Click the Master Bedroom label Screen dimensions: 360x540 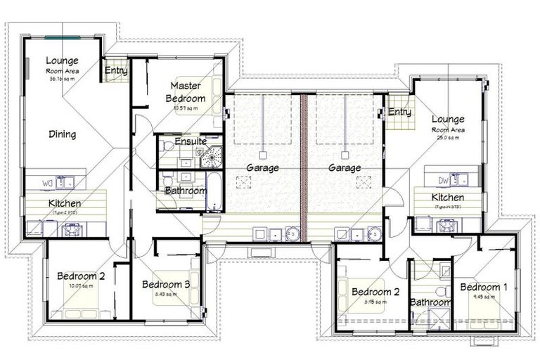tap(186, 92)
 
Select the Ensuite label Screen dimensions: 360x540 tap(191, 141)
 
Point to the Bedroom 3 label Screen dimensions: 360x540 tap(166, 284)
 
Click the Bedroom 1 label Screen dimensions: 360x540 tap(482, 287)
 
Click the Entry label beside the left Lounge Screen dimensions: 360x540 tap(115, 70)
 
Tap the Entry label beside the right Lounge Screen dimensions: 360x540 tap(399, 112)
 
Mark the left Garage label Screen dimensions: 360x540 tap(263, 168)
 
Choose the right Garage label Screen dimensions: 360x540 tap(344, 168)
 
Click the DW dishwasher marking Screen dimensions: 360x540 tap(442, 179)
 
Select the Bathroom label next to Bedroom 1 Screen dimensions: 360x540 tap(430, 302)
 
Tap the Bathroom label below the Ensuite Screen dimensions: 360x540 tap(186, 191)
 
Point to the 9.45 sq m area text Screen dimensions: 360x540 tap(481, 297)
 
